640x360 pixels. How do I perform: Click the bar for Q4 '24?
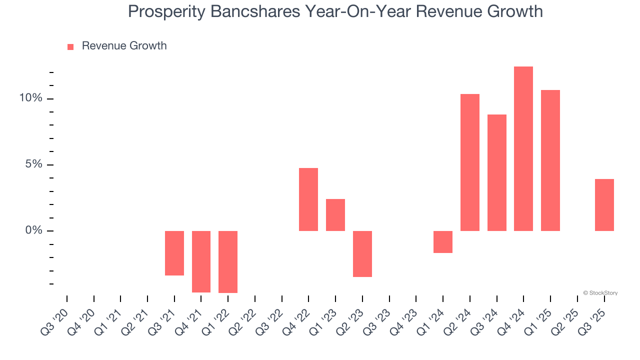click(x=523, y=148)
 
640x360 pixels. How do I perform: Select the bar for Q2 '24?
click(x=469, y=162)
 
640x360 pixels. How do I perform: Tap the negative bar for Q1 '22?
click(x=228, y=261)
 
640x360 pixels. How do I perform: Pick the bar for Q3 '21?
click(x=174, y=253)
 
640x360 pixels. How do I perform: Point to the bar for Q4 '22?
click(x=308, y=199)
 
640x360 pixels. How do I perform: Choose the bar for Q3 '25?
click(x=604, y=205)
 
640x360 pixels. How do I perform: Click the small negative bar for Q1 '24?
click(x=443, y=242)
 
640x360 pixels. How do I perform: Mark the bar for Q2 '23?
click(x=362, y=253)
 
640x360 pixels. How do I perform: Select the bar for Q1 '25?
click(x=550, y=160)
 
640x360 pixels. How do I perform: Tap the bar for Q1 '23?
click(x=335, y=215)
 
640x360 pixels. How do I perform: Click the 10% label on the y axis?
click(x=30, y=98)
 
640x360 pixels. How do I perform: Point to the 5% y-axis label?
click(x=33, y=164)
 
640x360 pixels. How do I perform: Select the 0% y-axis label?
click(x=33, y=230)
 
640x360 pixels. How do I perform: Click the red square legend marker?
click(x=70, y=46)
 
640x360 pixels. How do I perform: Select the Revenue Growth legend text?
click(x=124, y=46)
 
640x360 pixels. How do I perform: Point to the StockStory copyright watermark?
click(x=600, y=293)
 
